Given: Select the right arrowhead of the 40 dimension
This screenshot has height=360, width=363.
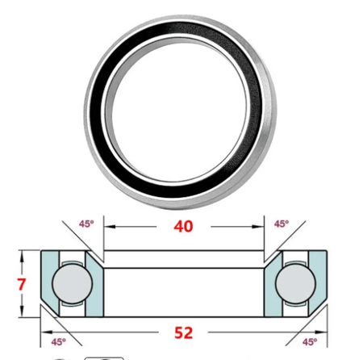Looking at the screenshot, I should click(261, 228).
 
